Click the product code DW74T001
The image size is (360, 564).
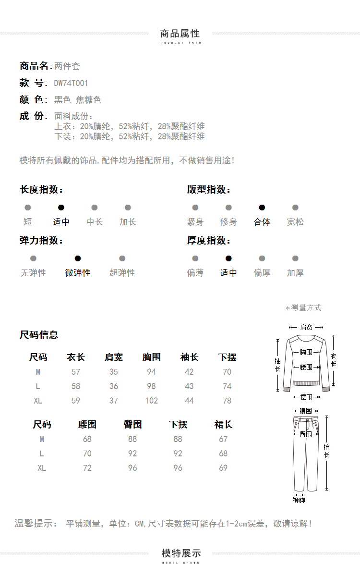coord(71,83)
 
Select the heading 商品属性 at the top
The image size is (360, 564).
coord(180,34)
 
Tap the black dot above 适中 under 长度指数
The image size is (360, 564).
coord(61,208)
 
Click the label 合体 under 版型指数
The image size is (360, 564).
coord(262,222)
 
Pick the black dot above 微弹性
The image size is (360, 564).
coord(78,258)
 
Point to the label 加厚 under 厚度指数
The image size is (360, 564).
coord(295,273)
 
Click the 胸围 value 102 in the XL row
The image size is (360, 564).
coord(152,401)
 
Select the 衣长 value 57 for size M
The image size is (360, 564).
coord(76,372)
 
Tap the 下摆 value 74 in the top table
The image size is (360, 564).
coord(227,386)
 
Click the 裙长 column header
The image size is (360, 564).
coord(223,425)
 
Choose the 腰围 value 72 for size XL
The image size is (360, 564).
coord(87,468)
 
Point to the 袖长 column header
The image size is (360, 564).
coord(189,357)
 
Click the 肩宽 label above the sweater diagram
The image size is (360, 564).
coord(306,327)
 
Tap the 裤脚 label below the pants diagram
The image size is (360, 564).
coord(299,500)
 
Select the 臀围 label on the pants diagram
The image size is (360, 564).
coord(306,434)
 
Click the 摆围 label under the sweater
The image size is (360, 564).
coord(306,397)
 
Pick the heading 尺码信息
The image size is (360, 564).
coord(39,335)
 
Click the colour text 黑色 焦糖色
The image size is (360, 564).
coord(78,100)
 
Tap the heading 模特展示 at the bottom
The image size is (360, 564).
coord(181,553)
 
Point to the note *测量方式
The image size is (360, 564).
coord(303,308)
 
